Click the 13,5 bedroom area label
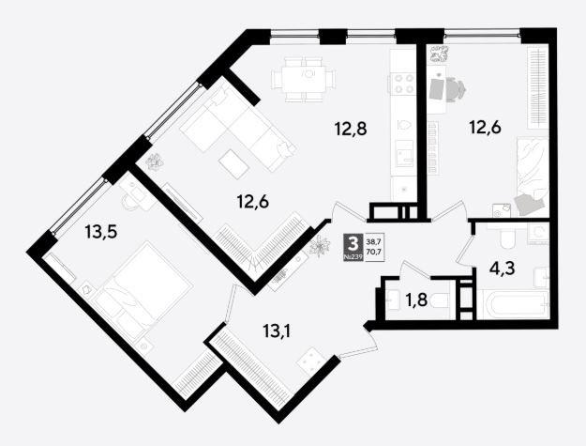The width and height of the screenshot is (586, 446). click(101, 232)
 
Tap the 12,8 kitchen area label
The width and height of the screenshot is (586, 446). click(351, 129)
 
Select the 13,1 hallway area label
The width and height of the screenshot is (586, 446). click(277, 331)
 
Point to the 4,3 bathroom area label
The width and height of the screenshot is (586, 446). click(502, 268)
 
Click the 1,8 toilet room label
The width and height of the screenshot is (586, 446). click(416, 300)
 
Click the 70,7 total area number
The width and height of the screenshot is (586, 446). click(374, 252)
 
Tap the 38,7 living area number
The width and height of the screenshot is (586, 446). click(374, 241)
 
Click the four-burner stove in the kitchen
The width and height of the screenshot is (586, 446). click(403, 84)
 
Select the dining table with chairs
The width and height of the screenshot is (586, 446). click(304, 79)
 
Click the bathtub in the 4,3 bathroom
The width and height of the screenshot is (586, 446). click(513, 304)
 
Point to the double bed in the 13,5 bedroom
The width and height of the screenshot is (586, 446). click(143, 286)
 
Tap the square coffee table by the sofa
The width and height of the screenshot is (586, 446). click(234, 161)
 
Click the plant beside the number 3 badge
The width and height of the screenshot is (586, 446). click(320, 247)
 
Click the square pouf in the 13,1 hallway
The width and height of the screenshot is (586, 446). click(311, 361)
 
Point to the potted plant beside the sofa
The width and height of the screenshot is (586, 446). click(154, 162)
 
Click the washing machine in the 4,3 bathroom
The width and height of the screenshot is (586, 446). click(538, 234)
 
